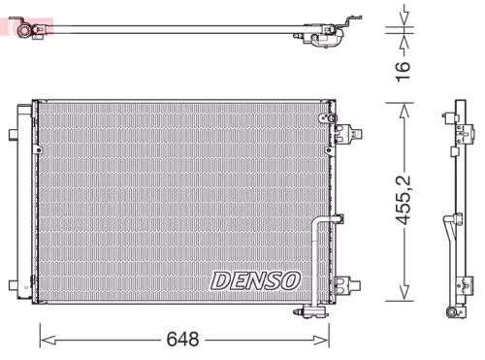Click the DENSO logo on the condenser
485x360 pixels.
click(x=256, y=280)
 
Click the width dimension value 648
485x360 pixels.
click(x=182, y=340)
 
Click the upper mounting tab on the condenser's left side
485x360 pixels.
click(x=13, y=133)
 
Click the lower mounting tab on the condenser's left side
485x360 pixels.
click(x=13, y=286)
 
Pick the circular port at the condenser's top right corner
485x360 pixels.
click(x=321, y=117)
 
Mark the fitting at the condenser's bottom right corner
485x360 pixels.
click(x=312, y=311)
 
